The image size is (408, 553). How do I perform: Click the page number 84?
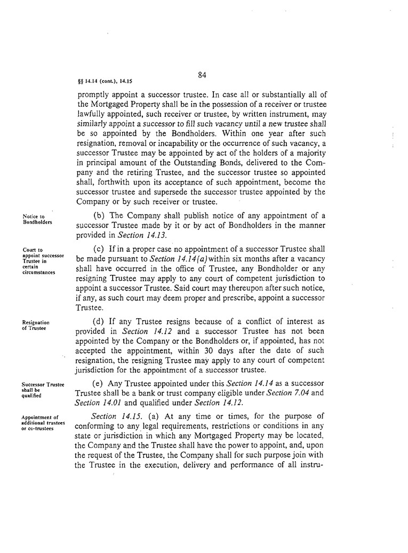point(202,75)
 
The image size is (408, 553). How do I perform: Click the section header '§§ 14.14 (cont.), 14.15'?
point(105,82)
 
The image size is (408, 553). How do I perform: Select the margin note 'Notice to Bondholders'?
point(37,219)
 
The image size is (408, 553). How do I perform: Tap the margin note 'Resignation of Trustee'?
point(36,325)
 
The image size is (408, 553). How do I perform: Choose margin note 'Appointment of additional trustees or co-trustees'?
point(43,421)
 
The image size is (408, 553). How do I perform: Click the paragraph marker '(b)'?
point(99,215)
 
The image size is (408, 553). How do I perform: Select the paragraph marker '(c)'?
point(99,250)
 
